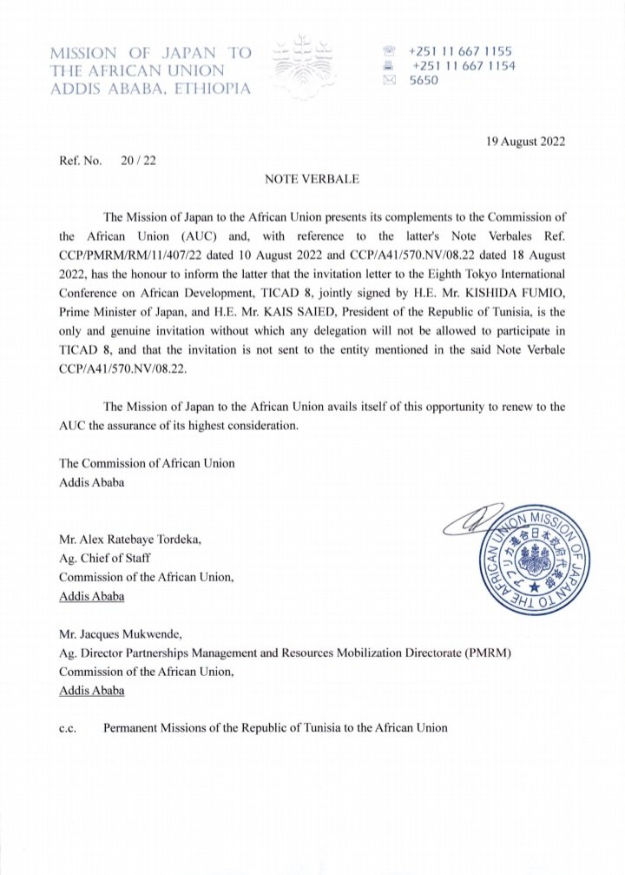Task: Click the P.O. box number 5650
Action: click(425, 81)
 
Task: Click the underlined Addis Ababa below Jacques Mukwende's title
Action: click(91, 691)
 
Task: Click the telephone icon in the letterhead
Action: click(389, 51)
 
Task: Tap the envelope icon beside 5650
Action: click(389, 81)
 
